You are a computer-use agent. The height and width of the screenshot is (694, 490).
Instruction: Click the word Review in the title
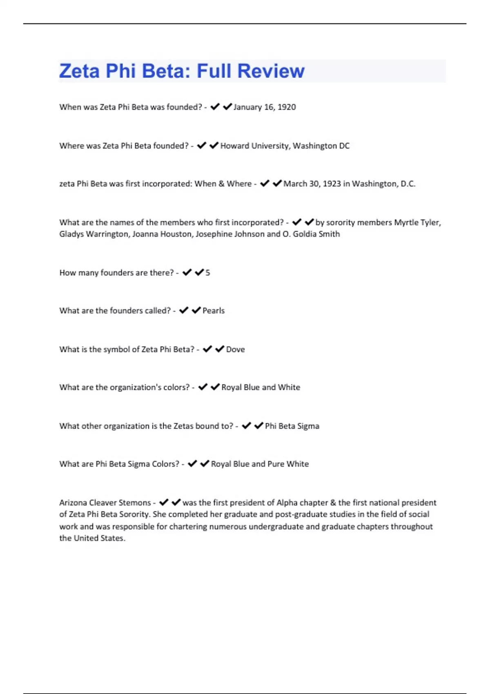[271, 71]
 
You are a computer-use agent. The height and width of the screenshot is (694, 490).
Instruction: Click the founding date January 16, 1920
[265, 107]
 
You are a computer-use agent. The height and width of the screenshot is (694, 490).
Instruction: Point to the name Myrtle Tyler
[417, 222]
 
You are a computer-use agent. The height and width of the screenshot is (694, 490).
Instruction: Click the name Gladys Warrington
[94, 234]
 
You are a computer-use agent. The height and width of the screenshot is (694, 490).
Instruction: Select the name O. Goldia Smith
[311, 234]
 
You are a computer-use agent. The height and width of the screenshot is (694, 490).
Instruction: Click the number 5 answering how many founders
[208, 273]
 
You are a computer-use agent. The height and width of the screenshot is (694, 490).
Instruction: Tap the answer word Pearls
[214, 311]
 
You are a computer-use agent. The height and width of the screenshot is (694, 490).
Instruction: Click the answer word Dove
[236, 349]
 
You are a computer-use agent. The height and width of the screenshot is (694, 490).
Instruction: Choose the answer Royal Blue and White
[261, 387]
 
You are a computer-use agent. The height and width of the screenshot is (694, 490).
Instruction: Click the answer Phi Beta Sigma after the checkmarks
[292, 426]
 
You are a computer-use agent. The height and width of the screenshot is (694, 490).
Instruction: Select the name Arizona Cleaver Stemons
[105, 503]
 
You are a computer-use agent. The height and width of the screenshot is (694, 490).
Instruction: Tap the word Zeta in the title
[79, 71]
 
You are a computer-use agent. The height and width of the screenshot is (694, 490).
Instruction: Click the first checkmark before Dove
[207, 349]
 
